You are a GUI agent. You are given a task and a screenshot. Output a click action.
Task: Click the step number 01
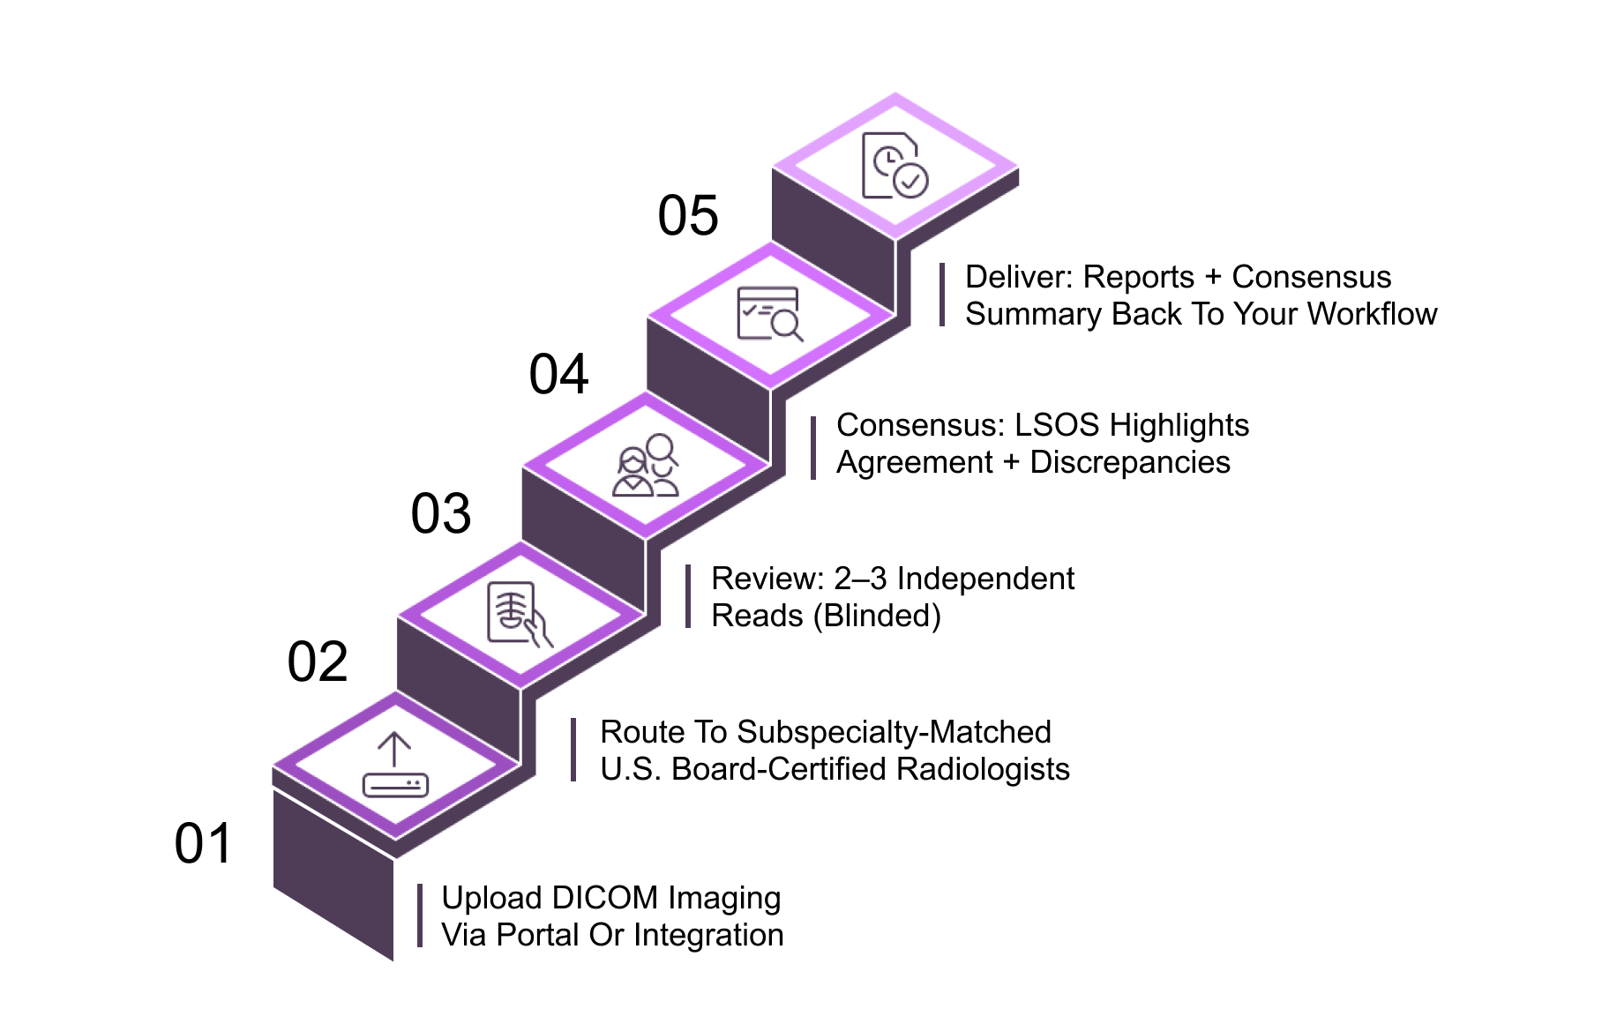(x=203, y=843)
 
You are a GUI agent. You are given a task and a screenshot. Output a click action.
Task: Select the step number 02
(x=318, y=661)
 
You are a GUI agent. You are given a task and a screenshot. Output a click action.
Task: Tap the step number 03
(x=441, y=513)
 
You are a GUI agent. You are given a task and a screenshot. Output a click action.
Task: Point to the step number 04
(x=559, y=374)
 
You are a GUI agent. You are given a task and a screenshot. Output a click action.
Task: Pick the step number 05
(x=688, y=215)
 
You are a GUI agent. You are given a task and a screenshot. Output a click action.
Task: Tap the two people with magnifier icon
(x=647, y=466)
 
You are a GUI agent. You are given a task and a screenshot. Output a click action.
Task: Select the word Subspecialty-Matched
(x=894, y=732)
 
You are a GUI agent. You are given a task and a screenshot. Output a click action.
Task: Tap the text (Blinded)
(x=877, y=616)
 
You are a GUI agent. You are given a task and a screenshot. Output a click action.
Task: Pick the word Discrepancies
(x=1130, y=462)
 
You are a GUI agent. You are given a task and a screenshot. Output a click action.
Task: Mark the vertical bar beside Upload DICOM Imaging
(x=420, y=916)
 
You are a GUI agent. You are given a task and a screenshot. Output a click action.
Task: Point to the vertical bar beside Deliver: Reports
(x=942, y=295)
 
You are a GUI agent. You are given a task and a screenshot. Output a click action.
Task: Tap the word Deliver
(x=1018, y=277)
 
